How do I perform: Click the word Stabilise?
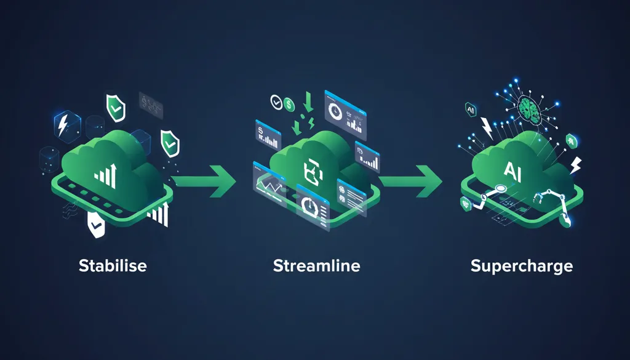[x=113, y=266]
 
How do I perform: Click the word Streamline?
[x=316, y=266]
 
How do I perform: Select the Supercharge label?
[x=521, y=266]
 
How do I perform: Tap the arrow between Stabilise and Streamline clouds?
[x=204, y=180]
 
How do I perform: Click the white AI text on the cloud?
[x=514, y=169]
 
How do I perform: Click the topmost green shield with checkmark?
[x=116, y=107]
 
